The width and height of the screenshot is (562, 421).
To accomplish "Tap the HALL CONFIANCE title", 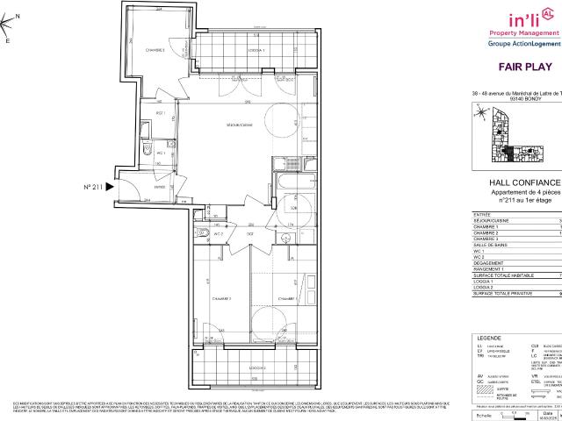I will pos(524,182).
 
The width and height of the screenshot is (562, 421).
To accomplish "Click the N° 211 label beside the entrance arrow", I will pos(93,187).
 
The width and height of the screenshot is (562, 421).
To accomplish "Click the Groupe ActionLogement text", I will pos(524,41).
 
